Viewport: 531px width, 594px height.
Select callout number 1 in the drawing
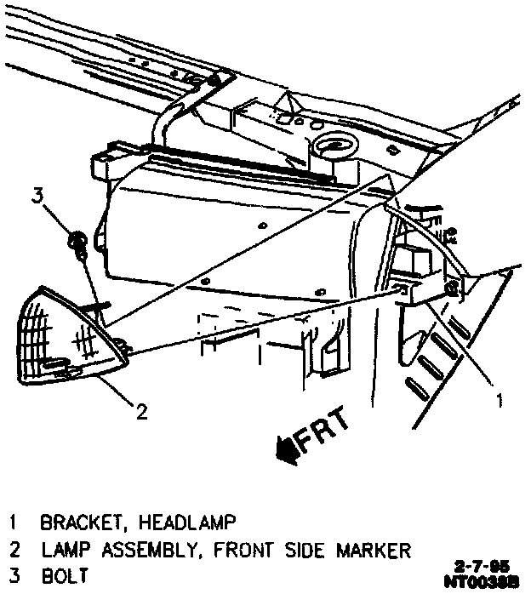point(500,397)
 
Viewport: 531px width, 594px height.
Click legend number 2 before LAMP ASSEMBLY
point(14,549)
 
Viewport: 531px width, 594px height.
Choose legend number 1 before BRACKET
point(14,520)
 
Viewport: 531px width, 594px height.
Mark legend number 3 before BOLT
point(14,576)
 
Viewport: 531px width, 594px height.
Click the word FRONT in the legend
point(237,549)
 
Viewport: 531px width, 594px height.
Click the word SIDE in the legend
point(300,549)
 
